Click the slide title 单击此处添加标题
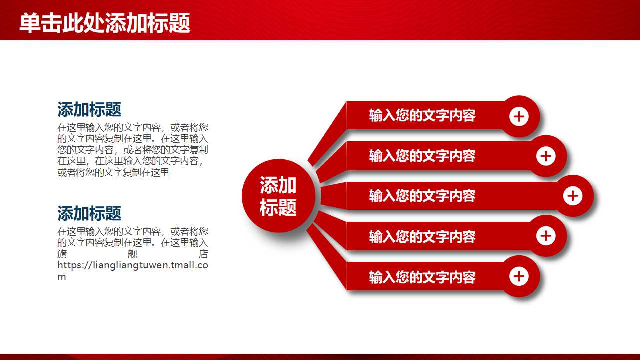click(105, 23)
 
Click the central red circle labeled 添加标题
click(278, 196)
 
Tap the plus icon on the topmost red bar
click(519, 117)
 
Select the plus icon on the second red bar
click(546, 156)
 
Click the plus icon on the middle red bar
click(573, 196)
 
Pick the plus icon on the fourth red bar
click(546, 236)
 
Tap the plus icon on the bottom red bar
click(519, 276)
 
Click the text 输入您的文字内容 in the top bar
click(422, 116)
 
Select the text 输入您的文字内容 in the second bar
click(422, 156)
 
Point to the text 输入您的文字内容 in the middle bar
click(422, 196)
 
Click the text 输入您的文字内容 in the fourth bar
click(422, 236)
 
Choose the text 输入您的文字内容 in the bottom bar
click(422, 277)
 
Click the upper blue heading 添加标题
click(89, 109)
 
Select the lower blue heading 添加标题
click(89, 213)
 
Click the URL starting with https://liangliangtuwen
click(132, 265)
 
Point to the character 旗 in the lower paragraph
click(62, 254)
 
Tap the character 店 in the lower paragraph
click(203, 254)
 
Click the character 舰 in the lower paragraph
click(132, 254)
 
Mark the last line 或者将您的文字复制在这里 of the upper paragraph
click(113, 173)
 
